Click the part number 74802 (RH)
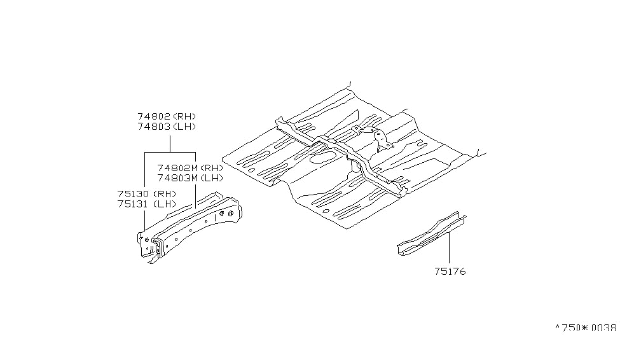pyautogui.click(x=167, y=117)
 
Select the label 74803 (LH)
pyautogui.click(x=167, y=127)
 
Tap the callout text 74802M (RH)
pyautogui.click(x=189, y=168)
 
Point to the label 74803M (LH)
pyautogui.click(x=189, y=178)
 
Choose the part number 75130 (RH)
pyautogui.click(x=146, y=194)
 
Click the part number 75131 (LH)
pyautogui.click(x=146, y=204)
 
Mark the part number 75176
pyautogui.click(x=450, y=272)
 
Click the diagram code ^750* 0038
pyautogui.click(x=586, y=328)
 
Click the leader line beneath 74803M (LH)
pyautogui.click(x=195, y=197)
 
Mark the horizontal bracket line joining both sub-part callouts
pyautogui.click(x=170, y=153)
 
